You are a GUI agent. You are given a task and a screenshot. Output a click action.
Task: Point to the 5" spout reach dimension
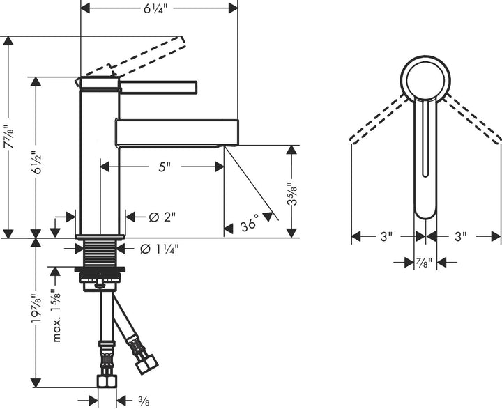(163, 167)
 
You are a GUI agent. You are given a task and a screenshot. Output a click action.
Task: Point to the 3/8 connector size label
(143, 400)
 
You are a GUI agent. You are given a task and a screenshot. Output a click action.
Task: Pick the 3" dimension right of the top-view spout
(460, 237)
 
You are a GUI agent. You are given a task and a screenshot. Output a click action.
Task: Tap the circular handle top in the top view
(426, 78)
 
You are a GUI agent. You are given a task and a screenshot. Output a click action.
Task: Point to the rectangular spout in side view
(177, 132)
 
